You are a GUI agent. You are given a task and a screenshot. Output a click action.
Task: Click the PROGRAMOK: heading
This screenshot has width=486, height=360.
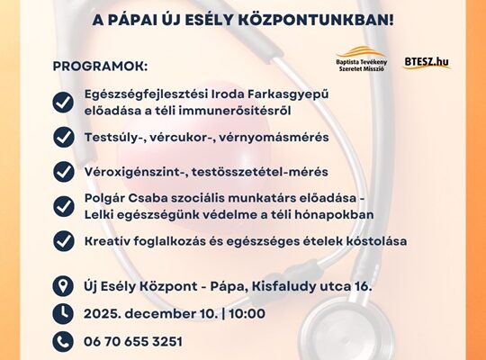pos(99,67)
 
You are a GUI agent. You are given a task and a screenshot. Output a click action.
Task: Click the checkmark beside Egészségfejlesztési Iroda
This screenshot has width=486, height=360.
pos(64,102)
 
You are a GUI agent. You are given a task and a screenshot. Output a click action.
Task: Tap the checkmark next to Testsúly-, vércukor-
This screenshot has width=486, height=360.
pos(64,137)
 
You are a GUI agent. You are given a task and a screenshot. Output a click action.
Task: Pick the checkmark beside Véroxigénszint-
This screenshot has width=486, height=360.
pos(64,171)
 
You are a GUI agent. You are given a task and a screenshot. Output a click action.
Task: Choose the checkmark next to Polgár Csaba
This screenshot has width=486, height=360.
pos(64,206)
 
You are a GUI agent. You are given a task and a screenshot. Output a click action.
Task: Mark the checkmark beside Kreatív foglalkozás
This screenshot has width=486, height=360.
pos(64,240)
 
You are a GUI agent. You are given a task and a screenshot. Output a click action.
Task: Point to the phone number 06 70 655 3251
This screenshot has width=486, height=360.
pos(133,342)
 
